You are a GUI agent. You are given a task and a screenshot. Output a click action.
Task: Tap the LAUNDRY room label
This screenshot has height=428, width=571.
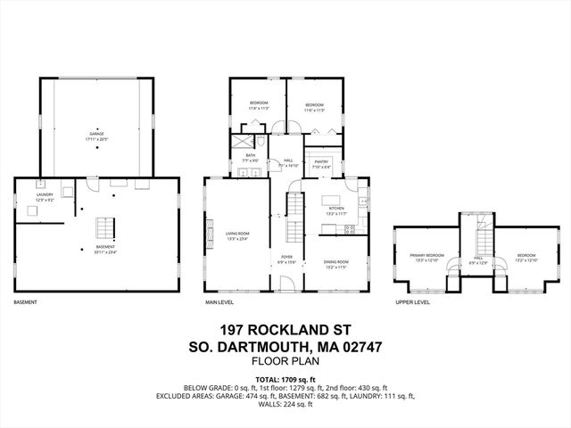tap(45, 196)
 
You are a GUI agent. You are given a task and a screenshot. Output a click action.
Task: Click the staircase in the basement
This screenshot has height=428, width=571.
tap(106, 227)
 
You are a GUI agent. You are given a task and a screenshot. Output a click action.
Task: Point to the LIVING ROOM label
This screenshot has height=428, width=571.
tap(236, 235)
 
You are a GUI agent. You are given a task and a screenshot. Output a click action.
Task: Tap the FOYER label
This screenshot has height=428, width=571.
tap(286, 259)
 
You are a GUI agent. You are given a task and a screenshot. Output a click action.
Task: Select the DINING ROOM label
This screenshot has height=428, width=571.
tap(335, 264)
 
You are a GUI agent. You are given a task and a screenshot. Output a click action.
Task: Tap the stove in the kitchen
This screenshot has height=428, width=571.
tap(351, 228)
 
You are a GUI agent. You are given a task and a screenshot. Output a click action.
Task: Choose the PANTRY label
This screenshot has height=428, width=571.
tap(321, 165)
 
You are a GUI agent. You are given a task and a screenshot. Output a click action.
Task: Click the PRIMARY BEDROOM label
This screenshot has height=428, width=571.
tap(426, 258)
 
